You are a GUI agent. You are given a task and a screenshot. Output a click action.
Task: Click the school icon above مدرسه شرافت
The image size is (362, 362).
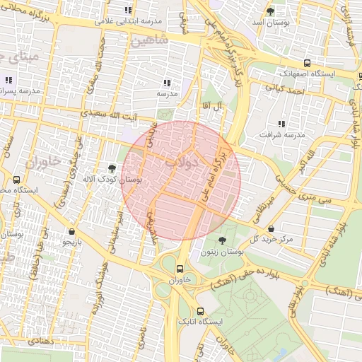coord(281,124)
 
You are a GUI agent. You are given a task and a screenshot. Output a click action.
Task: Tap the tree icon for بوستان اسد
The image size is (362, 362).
coord(270,11)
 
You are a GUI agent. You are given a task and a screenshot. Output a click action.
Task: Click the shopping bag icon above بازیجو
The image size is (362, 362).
coord(72,231)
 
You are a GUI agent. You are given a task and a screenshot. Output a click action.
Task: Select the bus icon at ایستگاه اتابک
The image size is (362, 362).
coord(200,311)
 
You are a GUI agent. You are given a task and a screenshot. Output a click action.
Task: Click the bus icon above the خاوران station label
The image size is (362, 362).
coord(180,269)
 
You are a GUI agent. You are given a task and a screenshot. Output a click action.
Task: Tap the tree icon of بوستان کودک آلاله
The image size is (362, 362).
coord(112,168)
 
